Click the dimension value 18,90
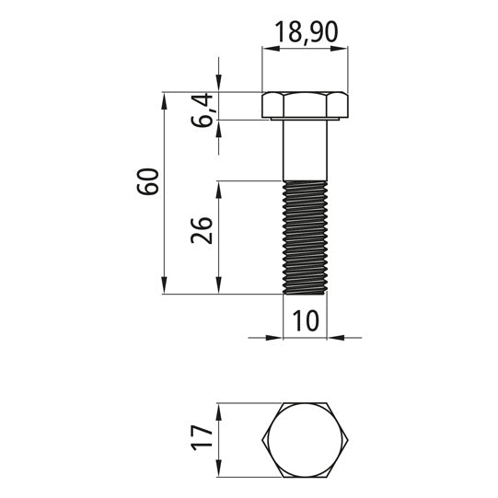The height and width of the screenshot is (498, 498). [x=307, y=32]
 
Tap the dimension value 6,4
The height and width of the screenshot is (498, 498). [x=202, y=110]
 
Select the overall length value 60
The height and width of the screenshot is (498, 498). [x=147, y=181]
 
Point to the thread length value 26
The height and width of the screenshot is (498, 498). [x=202, y=230]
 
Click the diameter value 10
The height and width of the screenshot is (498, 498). [x=305, y=320]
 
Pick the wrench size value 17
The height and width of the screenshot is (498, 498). [x=202, y=438]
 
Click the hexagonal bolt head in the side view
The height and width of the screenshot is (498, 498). [x=305, y=106]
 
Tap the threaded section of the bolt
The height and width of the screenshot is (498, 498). [x=305, y=237]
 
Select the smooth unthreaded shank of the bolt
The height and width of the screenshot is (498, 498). [x=305, y=151]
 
